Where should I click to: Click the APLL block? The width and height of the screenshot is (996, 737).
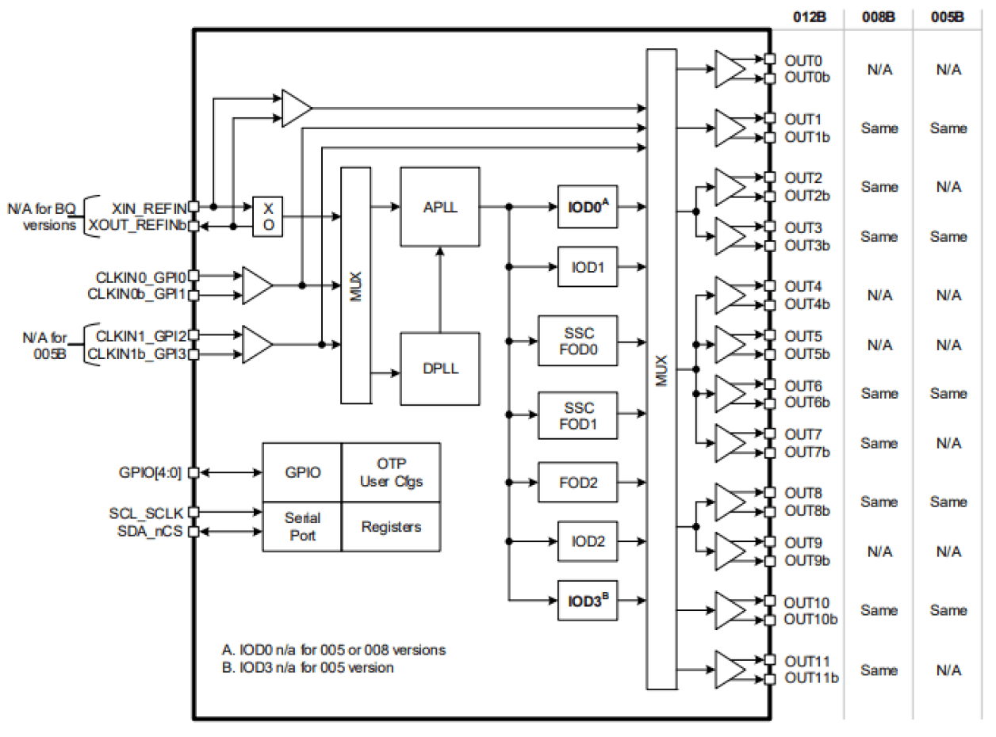(x=439, y=206)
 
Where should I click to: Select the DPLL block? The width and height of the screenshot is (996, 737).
(x=439, y=368)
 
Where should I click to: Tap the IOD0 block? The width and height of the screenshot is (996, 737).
(x=587, y=206)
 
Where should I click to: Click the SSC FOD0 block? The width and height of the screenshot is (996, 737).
(x=577, y=341)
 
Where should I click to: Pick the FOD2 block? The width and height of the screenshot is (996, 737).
(x=577, y=482)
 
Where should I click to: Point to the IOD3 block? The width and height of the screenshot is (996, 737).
(x=587, y=601)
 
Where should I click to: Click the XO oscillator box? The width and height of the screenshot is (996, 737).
(x=268, y=216)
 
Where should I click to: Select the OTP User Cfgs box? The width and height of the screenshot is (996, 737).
(x=390, y=472)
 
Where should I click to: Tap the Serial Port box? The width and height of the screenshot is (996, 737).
(x=302, y=526)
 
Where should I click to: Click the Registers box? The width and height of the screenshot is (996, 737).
(x=390, y=526)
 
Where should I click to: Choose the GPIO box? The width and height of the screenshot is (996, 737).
(x=302, y=472)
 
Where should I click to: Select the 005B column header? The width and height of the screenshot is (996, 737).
(x=948, y=16)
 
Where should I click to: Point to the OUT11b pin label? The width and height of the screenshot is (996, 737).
(x=811, y=678)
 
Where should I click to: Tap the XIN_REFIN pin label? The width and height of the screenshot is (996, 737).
(x=149, y=208)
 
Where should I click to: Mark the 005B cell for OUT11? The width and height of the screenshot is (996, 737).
(x=948, y=670)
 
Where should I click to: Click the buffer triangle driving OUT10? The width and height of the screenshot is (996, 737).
(x=730, y=610)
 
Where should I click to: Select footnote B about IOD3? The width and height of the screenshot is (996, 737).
(x=308, y=667)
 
